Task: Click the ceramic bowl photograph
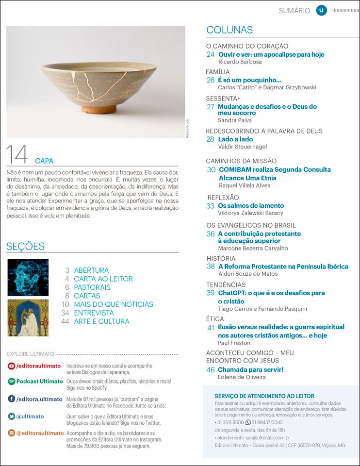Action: (96, 82)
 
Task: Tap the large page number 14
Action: (17, 155)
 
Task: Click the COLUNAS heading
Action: (229, 30)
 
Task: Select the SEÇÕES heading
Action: (25, 246)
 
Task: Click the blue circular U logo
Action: (321, 10)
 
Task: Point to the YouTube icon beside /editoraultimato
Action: (11, 366)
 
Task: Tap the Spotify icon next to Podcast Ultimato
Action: (11, 381)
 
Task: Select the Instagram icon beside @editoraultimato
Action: (11, 433)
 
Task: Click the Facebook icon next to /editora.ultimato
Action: (11, 399)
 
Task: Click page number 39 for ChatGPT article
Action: (211, 293)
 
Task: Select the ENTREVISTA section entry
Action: (94, 313)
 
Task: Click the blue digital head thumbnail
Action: (28, 278)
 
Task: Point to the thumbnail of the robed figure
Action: (28, 318)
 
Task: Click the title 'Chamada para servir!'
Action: (250, 369)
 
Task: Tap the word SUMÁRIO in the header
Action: (295, 11)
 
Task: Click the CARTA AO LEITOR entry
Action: (103, 279)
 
